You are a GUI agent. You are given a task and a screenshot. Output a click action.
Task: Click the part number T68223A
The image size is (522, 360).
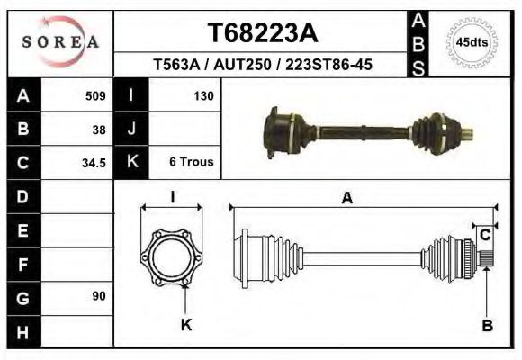pos(263,33)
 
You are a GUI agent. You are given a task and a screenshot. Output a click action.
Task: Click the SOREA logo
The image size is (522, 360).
pos(60,42)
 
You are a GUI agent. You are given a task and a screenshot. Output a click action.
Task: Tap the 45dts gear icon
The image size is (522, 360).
pos(472,42)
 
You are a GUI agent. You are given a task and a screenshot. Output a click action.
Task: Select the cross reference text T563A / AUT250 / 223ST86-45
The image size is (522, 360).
pos(263,66)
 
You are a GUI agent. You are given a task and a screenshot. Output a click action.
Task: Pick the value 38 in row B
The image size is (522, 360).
pos(98,129)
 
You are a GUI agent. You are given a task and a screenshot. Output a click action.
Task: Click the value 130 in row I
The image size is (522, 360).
pos(202,95)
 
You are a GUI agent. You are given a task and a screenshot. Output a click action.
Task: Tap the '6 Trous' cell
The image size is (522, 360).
pos(191,163)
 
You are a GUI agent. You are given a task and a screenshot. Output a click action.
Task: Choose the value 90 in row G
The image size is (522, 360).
pos(98,296)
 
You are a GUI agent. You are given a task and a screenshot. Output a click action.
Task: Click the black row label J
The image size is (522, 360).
pos(131,129)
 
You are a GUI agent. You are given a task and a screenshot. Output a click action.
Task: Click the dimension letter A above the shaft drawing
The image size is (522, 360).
pos(346,200)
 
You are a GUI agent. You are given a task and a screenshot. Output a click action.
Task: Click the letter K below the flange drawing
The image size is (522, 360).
pos(186,325)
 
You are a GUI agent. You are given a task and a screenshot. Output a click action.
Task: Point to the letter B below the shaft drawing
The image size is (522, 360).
pos(487,326)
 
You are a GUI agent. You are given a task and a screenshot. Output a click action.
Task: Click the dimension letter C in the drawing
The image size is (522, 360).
pos(484,235)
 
